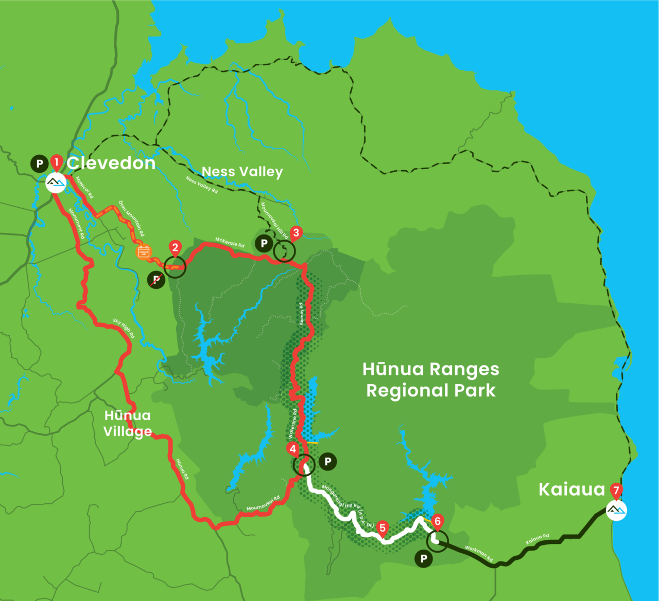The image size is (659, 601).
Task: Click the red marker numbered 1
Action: tap(56, 163)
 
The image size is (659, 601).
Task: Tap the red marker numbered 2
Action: tap(175, 248)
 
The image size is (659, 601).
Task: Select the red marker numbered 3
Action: tap(296, 233)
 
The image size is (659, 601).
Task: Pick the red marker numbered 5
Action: tap(382, 528)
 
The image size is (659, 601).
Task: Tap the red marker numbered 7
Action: tap(616, 490)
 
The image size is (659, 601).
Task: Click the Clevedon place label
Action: tap(111, 163)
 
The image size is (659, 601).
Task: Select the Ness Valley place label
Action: tap(242, 171)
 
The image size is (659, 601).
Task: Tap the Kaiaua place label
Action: tap(571, 489)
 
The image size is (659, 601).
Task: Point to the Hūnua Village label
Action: tap(128, 423)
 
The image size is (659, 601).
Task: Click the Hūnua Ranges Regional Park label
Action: tap(431, 380)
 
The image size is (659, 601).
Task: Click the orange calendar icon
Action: tap(143, 251)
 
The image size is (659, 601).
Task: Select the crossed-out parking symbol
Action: tap(156, 279)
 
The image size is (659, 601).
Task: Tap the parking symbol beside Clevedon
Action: tap(39, 163)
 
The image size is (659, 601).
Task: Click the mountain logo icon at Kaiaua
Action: tap(616, 509)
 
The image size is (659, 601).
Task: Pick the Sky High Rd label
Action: tap(124, 328)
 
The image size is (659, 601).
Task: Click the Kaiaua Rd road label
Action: tap(537, 539)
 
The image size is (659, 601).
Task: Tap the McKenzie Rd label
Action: tap(230, 242)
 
